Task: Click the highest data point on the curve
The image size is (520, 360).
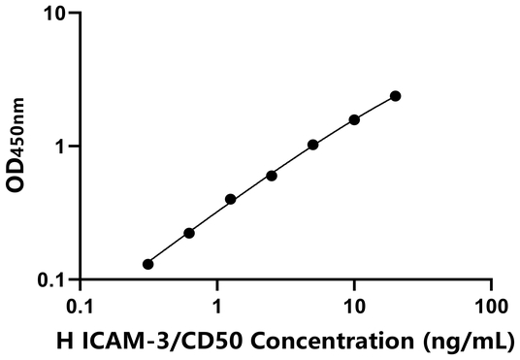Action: tap(395, 96)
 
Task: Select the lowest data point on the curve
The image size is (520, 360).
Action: tap(147, 264)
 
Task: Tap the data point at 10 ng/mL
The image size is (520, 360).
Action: tap(354, 119)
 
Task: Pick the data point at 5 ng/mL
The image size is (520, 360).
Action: tap(312, 145)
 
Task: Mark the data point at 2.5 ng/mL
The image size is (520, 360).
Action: tap(271, 176)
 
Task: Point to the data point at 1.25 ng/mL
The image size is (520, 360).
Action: tap(230, 199)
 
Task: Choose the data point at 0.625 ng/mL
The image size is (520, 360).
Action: tap(189, 233)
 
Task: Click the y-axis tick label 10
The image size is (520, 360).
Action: tap(54, 15)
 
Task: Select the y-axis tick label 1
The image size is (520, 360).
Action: tap(60, 147)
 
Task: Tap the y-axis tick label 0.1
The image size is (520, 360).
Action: tap(50, 280)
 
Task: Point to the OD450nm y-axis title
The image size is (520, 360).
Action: tap(16, 147)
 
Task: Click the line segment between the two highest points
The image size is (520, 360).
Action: tap(374, 108)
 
